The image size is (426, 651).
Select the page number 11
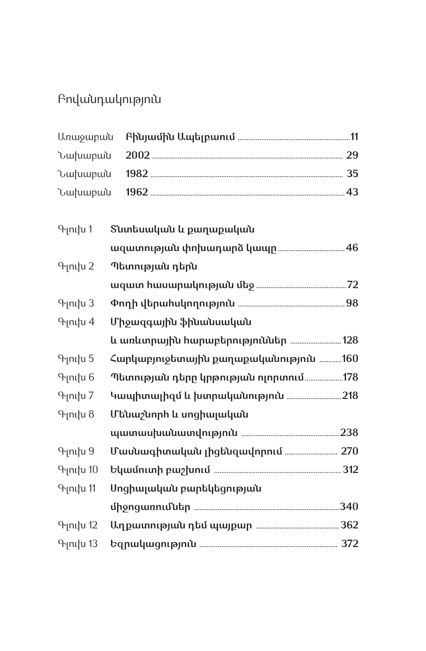tap(354, 137)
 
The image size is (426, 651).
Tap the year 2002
tap(138, 155)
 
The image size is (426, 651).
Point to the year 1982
tap(137, 174)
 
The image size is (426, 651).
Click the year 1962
tap(137, 192)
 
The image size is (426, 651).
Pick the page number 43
tap(352, 192)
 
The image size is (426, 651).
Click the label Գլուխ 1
tap(75, 229)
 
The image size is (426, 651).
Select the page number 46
tap(352, 248)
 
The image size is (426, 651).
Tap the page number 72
tap(353, 285)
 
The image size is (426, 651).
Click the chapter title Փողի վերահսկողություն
tap(173, 303)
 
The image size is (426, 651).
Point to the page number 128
tap(350, 340)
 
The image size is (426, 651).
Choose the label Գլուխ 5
tap(76, 359)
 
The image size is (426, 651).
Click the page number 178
tap(350, 377)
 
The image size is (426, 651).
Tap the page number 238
tap(349, 432)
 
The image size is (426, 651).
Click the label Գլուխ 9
tap(76, 451)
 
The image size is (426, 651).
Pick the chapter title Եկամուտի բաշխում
tap(160, 470)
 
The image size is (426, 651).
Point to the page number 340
tap(349, 506)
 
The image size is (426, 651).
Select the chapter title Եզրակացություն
tap(154, 544)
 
